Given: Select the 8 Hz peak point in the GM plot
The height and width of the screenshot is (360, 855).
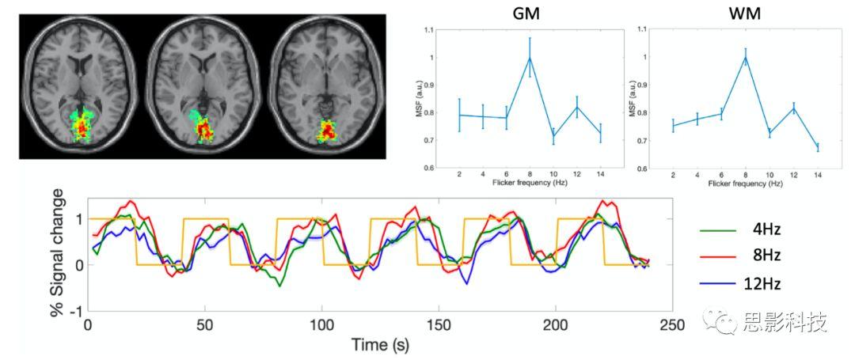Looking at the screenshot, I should [530, 58].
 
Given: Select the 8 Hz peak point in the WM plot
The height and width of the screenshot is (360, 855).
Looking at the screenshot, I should [744, 58].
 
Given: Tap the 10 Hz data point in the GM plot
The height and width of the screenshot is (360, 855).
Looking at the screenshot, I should [553, 135].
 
